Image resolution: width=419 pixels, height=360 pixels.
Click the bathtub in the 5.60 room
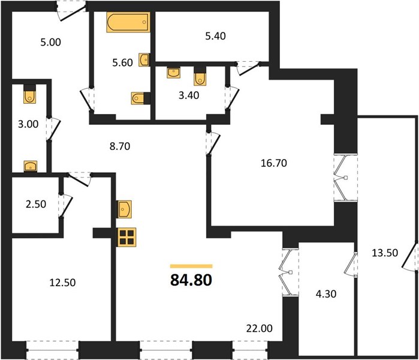point(128,22)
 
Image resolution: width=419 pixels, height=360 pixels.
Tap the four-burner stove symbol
point(126,237)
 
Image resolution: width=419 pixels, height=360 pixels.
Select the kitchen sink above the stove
point(125,209)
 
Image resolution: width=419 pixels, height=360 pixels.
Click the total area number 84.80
point(191,280)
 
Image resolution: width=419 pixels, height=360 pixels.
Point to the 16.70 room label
point(273,163)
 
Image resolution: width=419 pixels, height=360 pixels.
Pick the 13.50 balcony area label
point(385,253)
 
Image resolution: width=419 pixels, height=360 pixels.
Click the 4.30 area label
point(326,294)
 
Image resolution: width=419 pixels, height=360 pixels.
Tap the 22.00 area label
point(259,328)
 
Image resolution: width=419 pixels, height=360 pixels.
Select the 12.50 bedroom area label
point(62,283)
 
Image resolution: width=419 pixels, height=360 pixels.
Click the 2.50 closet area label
point(36,204)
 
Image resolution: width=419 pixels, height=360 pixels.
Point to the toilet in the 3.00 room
point(29,94)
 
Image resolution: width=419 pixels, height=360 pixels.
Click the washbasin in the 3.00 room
point(31,166)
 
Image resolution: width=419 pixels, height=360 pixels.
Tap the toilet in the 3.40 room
point(200,76)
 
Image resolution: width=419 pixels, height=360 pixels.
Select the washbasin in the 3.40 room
point(173,72)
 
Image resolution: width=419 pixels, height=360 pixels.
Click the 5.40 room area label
point(215,36)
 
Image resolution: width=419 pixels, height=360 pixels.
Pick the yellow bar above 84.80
point(191,266)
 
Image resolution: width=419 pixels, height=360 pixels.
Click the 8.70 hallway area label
point(120,146)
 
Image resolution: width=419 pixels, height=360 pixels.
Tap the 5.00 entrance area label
point(50,42)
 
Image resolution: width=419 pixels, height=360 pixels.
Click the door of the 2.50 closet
point(66,206)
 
